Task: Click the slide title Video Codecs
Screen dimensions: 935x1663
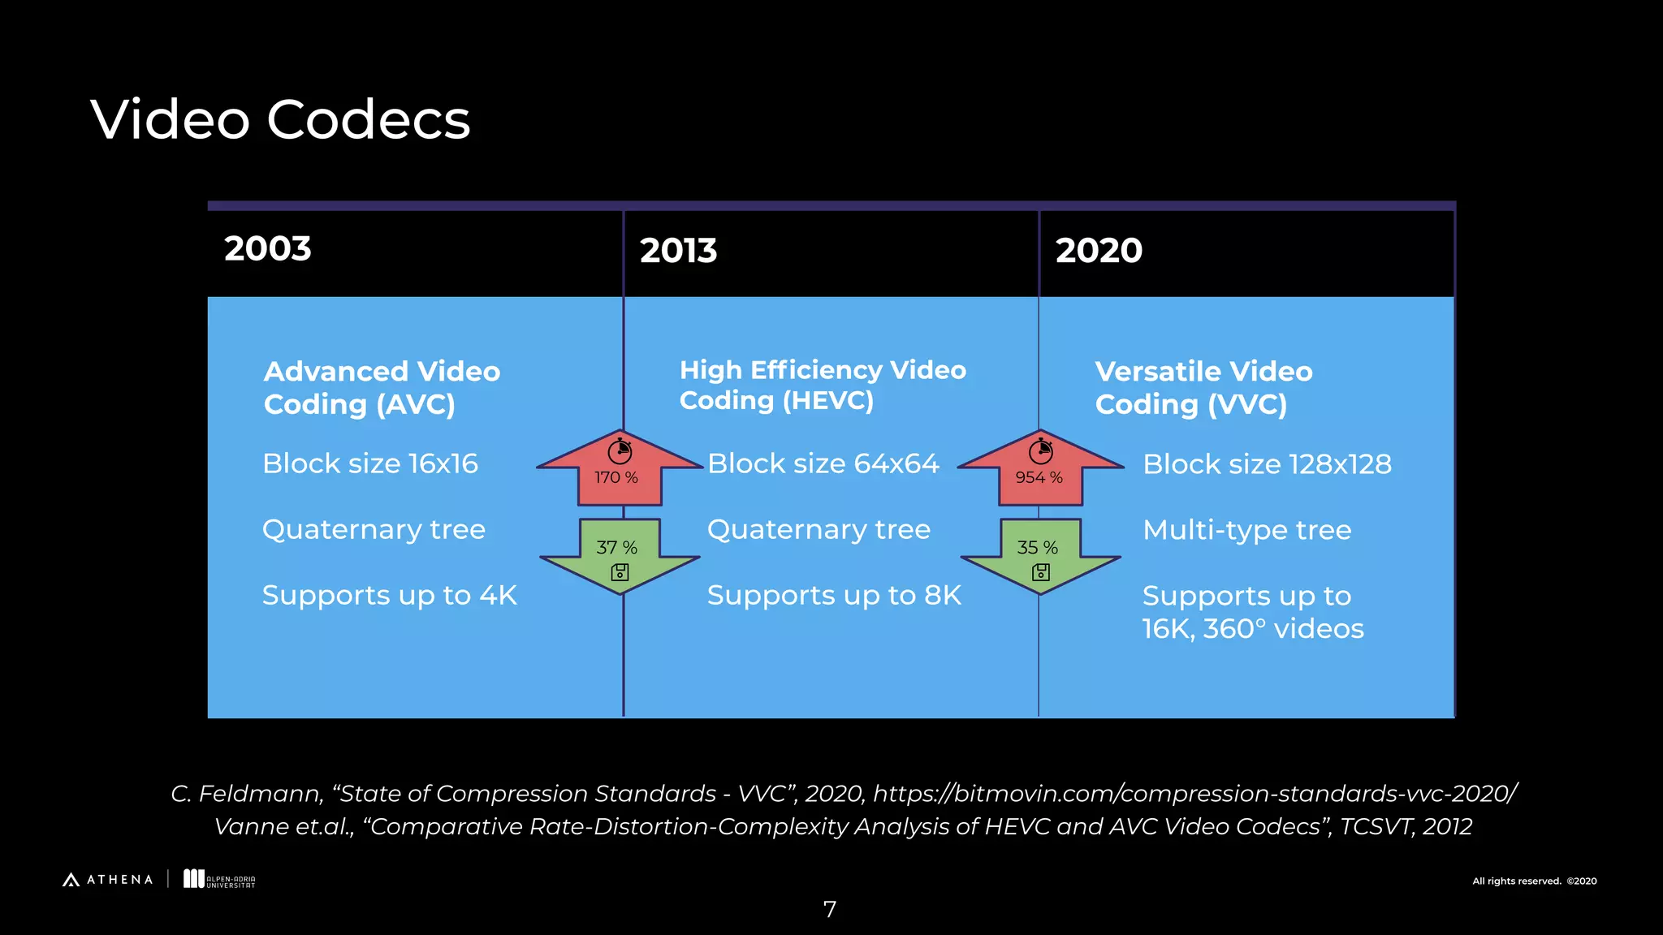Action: (280, 120)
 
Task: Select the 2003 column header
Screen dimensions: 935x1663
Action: (268, 248)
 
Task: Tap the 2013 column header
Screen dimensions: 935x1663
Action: (678, 251)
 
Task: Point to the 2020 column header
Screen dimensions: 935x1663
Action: (1099, 251)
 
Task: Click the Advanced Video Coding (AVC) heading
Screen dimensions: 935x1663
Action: (382, 388)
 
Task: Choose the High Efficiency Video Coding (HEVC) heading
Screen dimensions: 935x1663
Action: (823, 385)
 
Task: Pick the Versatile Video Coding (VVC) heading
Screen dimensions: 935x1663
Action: (1203, 388)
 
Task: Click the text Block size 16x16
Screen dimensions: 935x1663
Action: (370, 463)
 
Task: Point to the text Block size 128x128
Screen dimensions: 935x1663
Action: (1267, 464)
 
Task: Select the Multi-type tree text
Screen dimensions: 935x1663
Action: (1246, 530)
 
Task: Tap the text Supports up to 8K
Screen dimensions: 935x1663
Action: (834, 596)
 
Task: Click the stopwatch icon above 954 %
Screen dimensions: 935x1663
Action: (1041, 450)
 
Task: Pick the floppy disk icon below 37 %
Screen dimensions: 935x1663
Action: (620, 572)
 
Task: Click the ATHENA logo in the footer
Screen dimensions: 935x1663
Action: (108, 880)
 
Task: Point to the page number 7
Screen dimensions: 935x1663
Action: (830, 910)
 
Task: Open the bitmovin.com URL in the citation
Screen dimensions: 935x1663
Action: (1194, 793)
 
